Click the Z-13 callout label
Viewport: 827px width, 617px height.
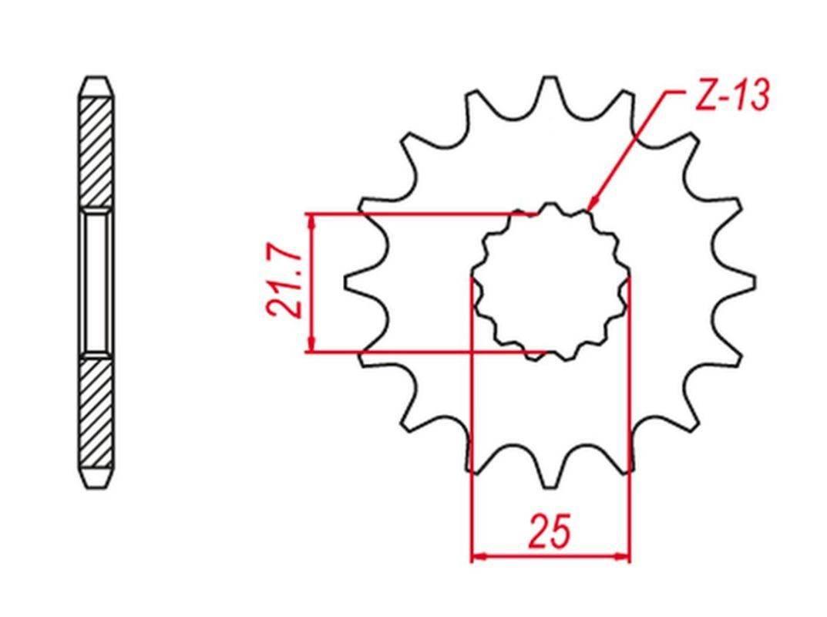tap(732, 96)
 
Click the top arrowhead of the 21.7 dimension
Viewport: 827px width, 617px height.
tap(312, 221)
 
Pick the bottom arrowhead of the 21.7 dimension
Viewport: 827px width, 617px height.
tap(312, 344)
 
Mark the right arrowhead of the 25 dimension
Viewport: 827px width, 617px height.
tap(622, 555)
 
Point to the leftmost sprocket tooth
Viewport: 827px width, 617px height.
tap(358, 282)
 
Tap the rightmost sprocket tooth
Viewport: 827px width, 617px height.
tap(741, 282)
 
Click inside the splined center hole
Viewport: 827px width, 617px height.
tap(550, 282)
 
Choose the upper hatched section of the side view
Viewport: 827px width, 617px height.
tap(96, 152)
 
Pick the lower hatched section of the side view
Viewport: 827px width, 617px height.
tap(96, 412)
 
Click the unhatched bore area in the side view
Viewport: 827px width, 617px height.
tap(96, 282)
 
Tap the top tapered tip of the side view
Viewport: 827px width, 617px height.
tap(96, 86)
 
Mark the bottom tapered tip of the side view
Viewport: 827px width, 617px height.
tap(96, 477)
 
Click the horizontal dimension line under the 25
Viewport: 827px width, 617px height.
tap(550, 555)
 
